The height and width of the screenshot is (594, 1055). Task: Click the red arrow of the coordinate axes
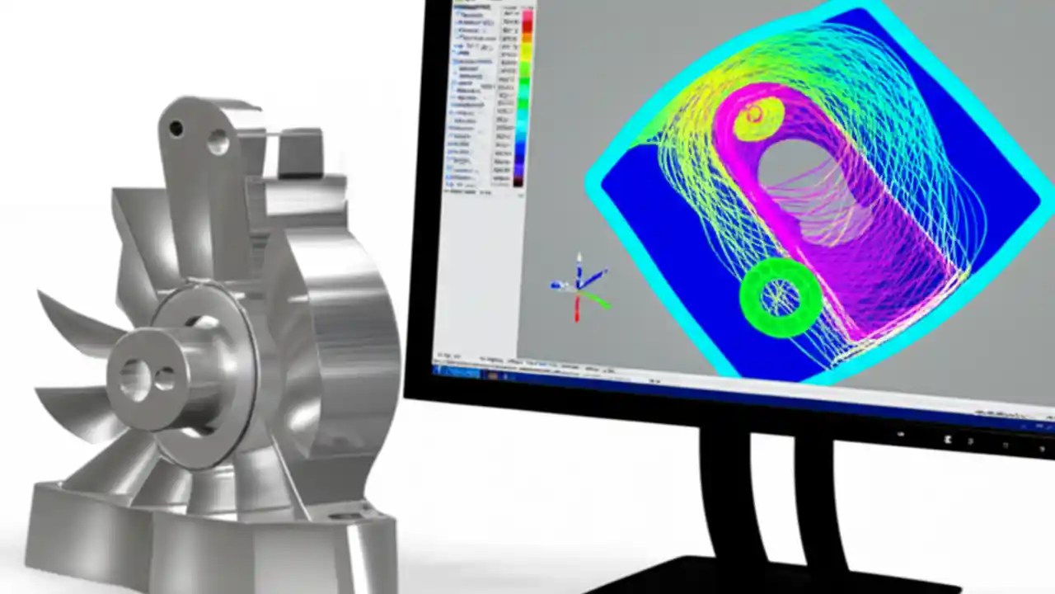click(576, 307)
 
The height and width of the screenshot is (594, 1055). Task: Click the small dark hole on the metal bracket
click(176, 129)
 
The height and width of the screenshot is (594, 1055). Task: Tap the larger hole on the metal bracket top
click(218, 141)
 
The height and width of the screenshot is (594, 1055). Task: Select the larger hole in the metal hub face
click(134, 376)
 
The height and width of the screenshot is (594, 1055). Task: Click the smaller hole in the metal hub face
click(164, 379)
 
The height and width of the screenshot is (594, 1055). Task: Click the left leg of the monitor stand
click(725, 495)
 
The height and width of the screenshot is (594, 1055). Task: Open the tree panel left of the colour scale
click(470, 91)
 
